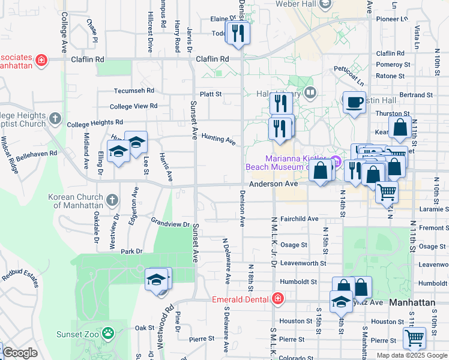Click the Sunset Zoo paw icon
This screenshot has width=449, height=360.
point(108,332)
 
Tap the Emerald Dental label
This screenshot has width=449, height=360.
point(241,299)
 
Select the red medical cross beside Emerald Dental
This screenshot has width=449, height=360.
point(277,298)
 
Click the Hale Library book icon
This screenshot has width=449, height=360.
point(310,92)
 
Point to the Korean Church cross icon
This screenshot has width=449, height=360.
point(112,199)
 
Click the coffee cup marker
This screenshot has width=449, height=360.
point(354,102)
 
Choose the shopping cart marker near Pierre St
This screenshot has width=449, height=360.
point(414,338)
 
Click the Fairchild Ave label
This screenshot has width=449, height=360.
point(299,219)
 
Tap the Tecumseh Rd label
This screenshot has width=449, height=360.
point(134,91)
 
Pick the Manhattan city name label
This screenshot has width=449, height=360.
point(412,303)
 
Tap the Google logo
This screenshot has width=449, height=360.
point(20,353)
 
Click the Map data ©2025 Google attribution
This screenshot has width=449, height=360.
point(411,355)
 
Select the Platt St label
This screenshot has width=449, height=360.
point(211,94)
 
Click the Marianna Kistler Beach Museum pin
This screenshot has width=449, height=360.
point(336,161)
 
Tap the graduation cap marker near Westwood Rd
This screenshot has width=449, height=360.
point(157,280)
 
